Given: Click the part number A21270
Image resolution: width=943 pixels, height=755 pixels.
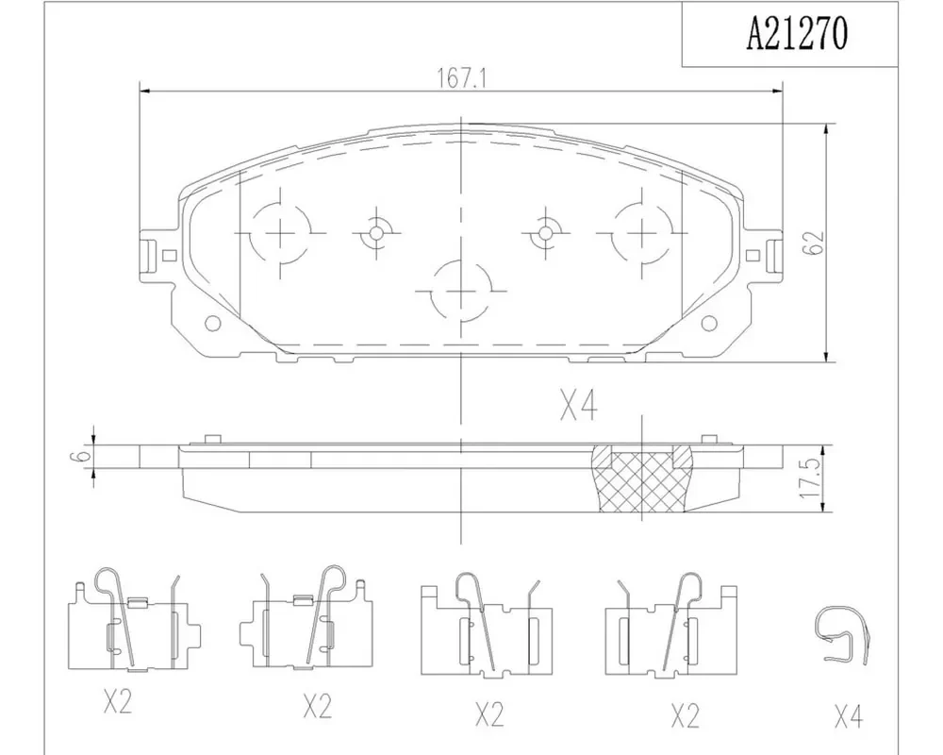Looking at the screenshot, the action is [x=796, y=34].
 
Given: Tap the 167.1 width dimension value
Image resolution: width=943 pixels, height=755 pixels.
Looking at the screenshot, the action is [x=461, y=78].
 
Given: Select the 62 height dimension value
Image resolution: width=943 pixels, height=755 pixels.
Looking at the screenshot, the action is [x=813, y=243].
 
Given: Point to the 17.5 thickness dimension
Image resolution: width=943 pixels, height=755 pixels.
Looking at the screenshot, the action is [x=811, y=479].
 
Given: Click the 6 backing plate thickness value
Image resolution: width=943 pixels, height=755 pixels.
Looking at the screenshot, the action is [x=85, y=455].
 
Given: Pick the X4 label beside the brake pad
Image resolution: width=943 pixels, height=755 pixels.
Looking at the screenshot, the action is [x=579, y=405].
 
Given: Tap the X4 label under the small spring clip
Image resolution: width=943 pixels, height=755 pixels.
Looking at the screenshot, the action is [x=849, y=717].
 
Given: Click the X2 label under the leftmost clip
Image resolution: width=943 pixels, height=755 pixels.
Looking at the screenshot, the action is [x=117, y=701].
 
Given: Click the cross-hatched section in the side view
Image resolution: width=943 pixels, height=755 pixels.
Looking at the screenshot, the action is [x=642, y=479].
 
